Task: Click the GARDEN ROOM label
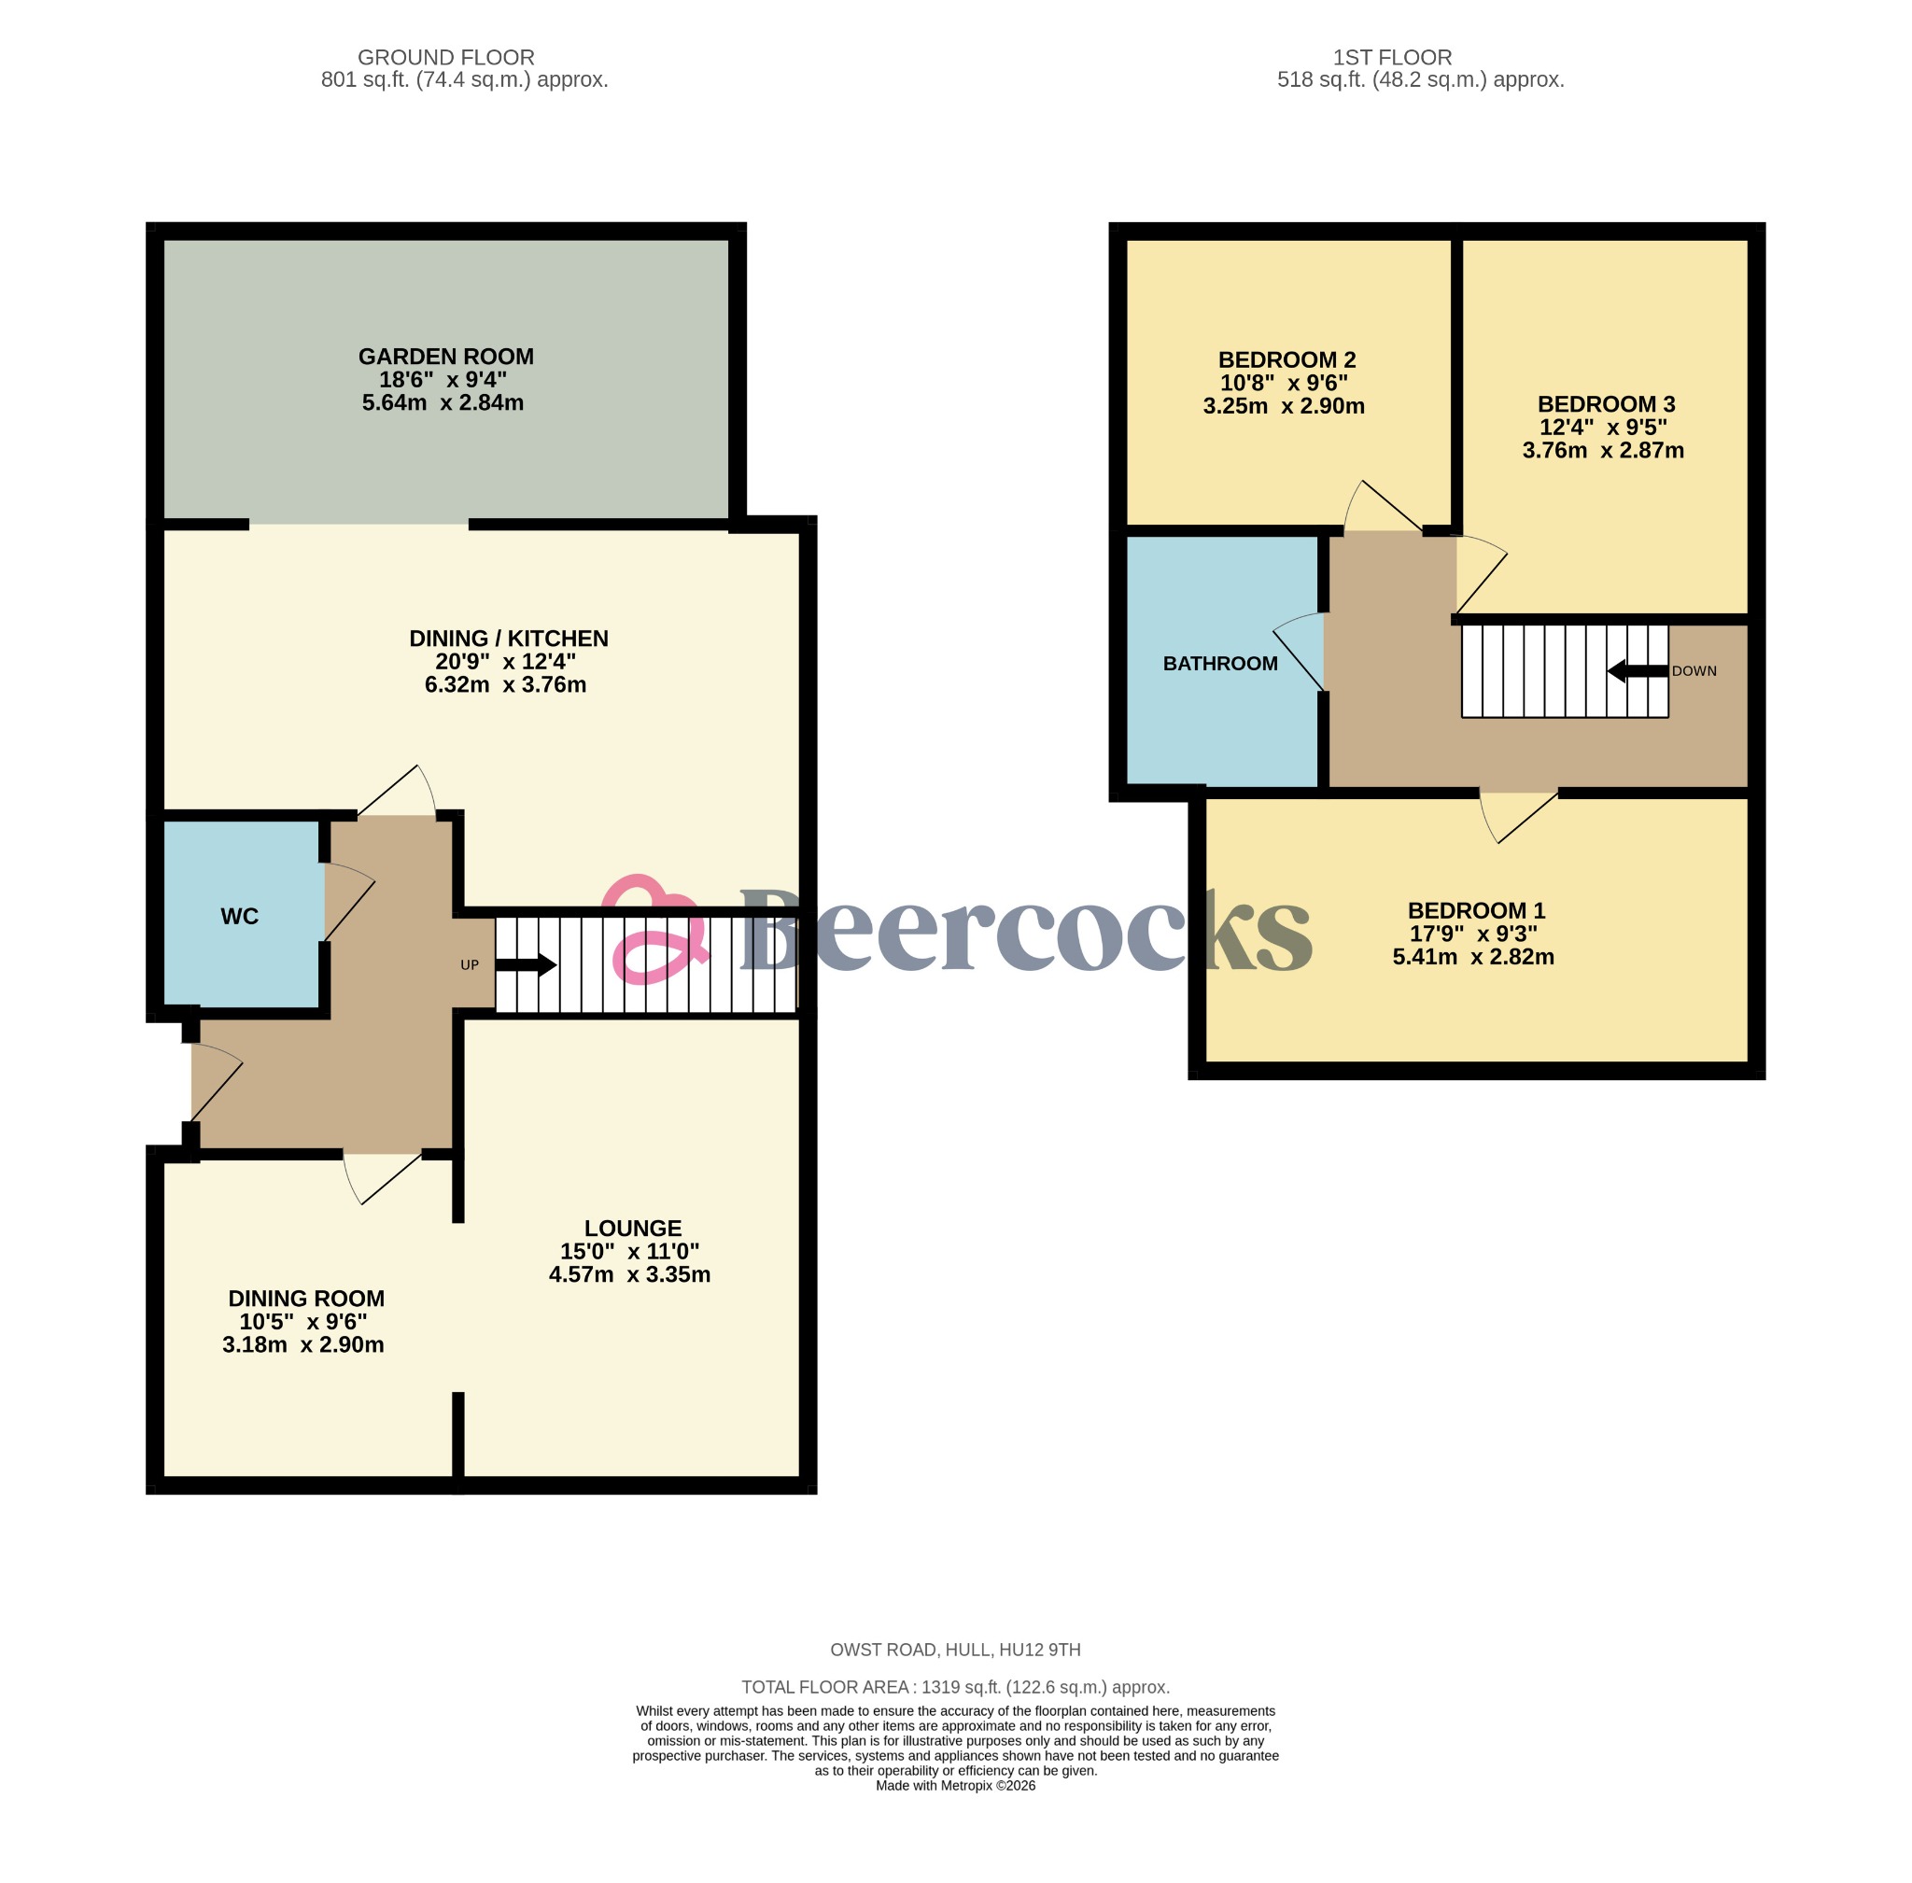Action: [x=445, y=356]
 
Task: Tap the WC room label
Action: [x=239, y=917]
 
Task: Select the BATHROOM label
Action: [x=1219, y=664]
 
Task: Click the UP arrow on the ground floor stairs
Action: [x=526, y=965]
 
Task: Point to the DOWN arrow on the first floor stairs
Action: [x=1636, y=671]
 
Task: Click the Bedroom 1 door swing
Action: [x=1514, y=817]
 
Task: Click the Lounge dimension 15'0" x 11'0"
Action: [x=629, y=1251]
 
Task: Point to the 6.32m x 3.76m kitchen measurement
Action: [x=504, y=684]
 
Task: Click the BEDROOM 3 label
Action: [x=1606, y=403]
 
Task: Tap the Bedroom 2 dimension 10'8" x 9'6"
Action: [x=1283, y=383]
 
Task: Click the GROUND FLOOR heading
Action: [x=445, y=57]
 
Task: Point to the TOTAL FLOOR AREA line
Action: [x=954, y=1687]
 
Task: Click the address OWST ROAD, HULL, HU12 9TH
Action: [x=954, y=1650]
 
